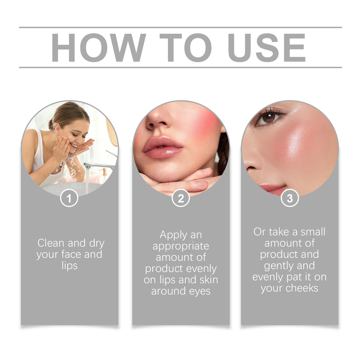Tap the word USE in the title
[266, 48]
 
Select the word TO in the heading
[186, 48]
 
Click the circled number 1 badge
[69, 198]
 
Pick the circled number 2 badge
[181, 198]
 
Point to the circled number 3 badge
[290, 198]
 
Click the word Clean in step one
[51, 243]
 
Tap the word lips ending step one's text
[69, 265]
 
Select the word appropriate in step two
[181, 246]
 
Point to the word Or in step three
[259, 232]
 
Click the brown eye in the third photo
[268, 118]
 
